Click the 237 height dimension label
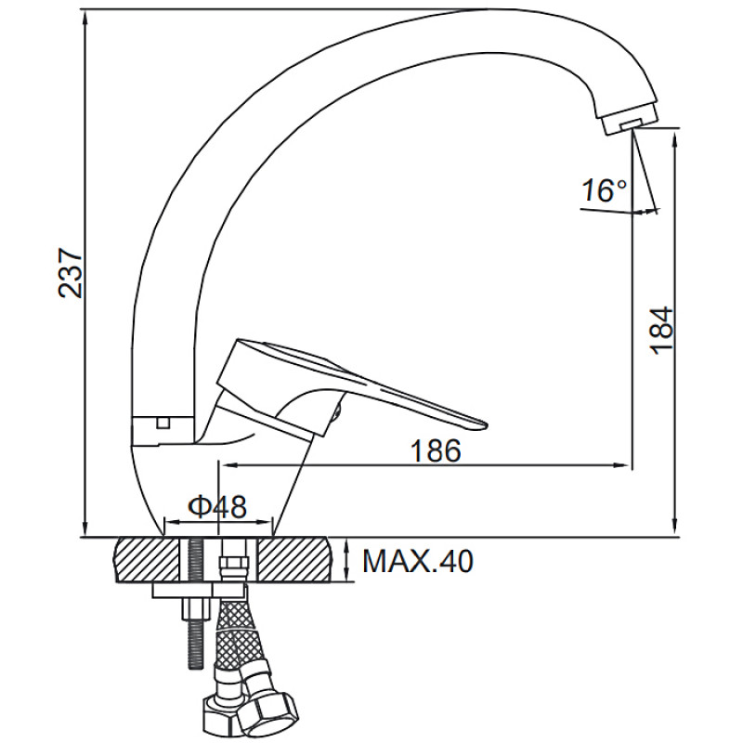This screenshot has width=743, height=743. pyautogui.click(x=71, y=272)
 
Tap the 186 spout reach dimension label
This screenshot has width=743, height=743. pyautogui.click(x=436, y=450)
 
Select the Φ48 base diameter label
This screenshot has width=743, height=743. pyautogui.click(x=217, y=506)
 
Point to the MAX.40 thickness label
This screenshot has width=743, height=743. pyautogui.click(x=418, y=562)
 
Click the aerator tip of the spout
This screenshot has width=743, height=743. pyautogui.click(x=629, y=124)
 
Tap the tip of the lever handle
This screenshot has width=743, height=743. pyautogui.click(x=483, y=424)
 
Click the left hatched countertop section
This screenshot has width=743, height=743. pyautogui.click(x=147, y=560)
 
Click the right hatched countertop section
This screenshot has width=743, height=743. pyautogui.click(x=293, y=560)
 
